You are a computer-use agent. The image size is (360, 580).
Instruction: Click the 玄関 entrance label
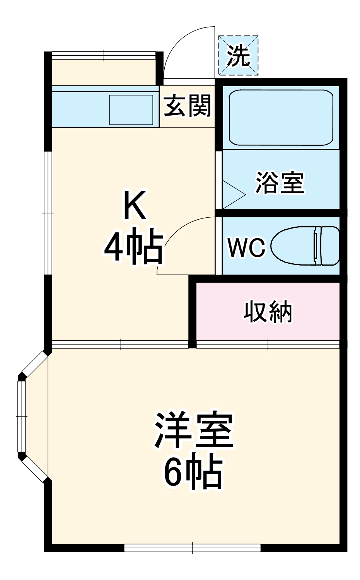click(x=188, y=106)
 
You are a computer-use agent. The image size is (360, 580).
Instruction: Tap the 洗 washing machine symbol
click(x=238, y=56)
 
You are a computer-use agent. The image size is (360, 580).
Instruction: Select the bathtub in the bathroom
click(x=281, y=118)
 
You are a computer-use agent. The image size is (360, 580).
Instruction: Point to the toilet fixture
click(x=305, y=246)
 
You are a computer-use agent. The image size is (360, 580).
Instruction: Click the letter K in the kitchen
click(x=134, y=205)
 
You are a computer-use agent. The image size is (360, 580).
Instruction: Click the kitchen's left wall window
click(x=48, y=213)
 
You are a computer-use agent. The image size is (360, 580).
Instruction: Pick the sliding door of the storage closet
click(x=268, y=343)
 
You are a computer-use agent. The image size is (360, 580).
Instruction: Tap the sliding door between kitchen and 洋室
click(x=120, y=344)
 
